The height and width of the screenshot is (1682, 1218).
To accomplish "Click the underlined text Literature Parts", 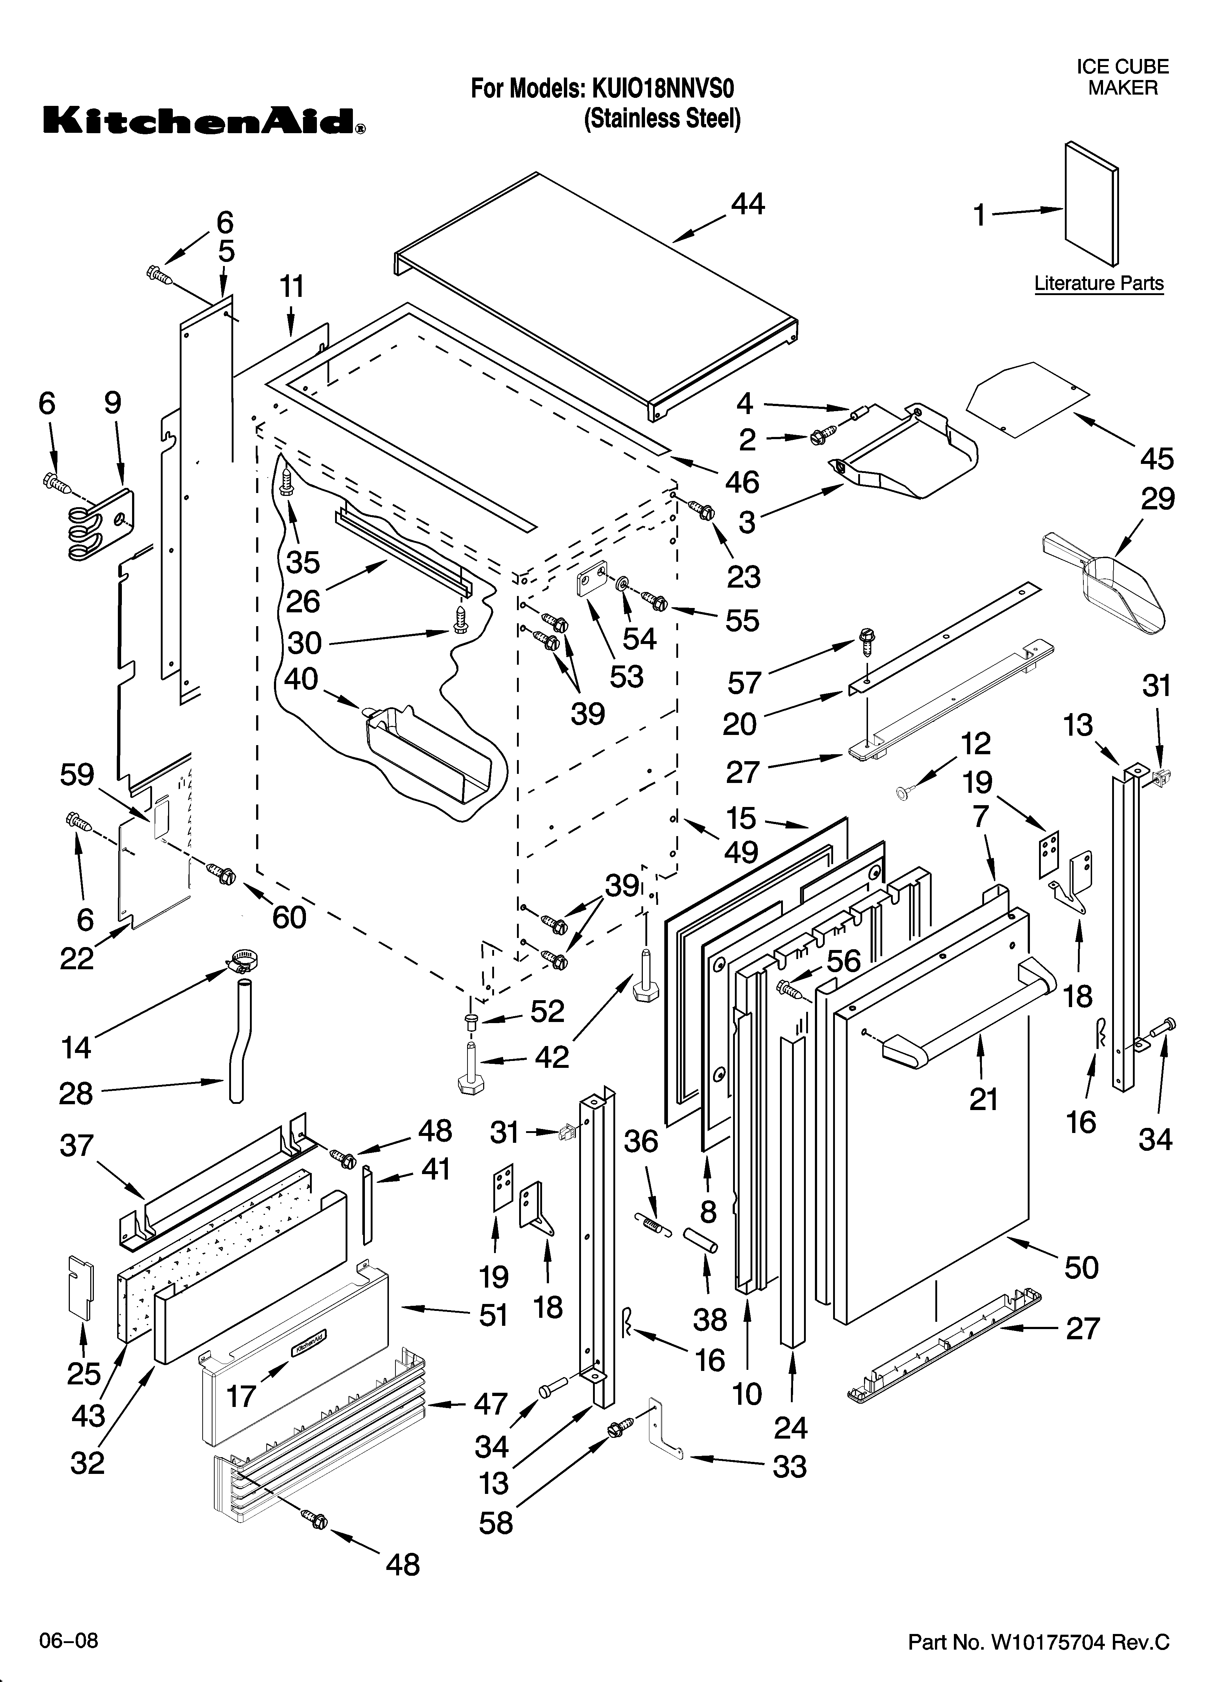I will tap(1099, 283).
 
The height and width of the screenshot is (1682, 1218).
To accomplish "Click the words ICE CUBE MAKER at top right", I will tap(1122, 77).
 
